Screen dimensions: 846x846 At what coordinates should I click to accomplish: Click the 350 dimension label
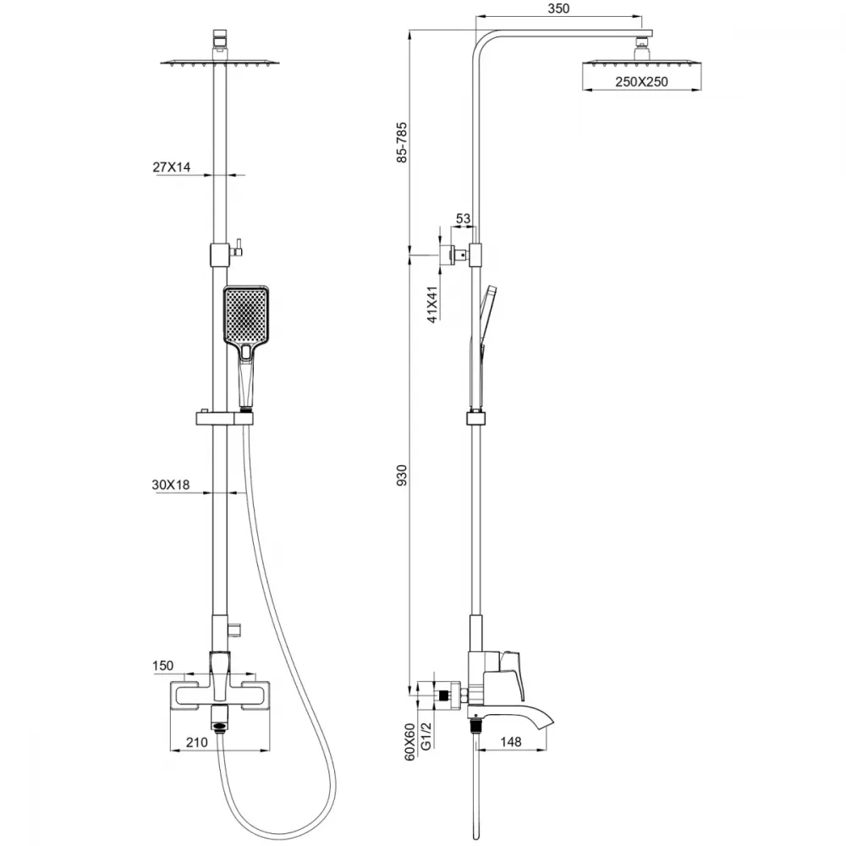[558, 8]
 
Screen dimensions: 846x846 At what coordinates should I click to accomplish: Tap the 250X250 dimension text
[641, 82]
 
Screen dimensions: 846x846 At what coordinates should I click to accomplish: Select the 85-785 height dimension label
[401, 142]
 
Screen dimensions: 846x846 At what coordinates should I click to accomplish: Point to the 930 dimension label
[401, 475]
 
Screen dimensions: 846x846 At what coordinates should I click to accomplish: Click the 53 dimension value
[463, 218]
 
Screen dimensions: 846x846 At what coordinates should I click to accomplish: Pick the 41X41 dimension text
[432, 305]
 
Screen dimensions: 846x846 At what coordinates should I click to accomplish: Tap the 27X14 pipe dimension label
[172, 168]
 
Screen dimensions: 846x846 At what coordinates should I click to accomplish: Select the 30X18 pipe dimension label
[171, 485]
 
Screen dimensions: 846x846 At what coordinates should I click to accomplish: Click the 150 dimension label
[163, 666]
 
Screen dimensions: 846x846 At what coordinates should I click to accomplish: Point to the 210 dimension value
[197, 743]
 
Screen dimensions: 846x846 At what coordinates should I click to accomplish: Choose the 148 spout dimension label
[510, 742]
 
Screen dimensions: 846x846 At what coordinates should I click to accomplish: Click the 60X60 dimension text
[410, 742]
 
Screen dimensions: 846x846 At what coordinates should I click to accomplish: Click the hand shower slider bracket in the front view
[224, 418]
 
